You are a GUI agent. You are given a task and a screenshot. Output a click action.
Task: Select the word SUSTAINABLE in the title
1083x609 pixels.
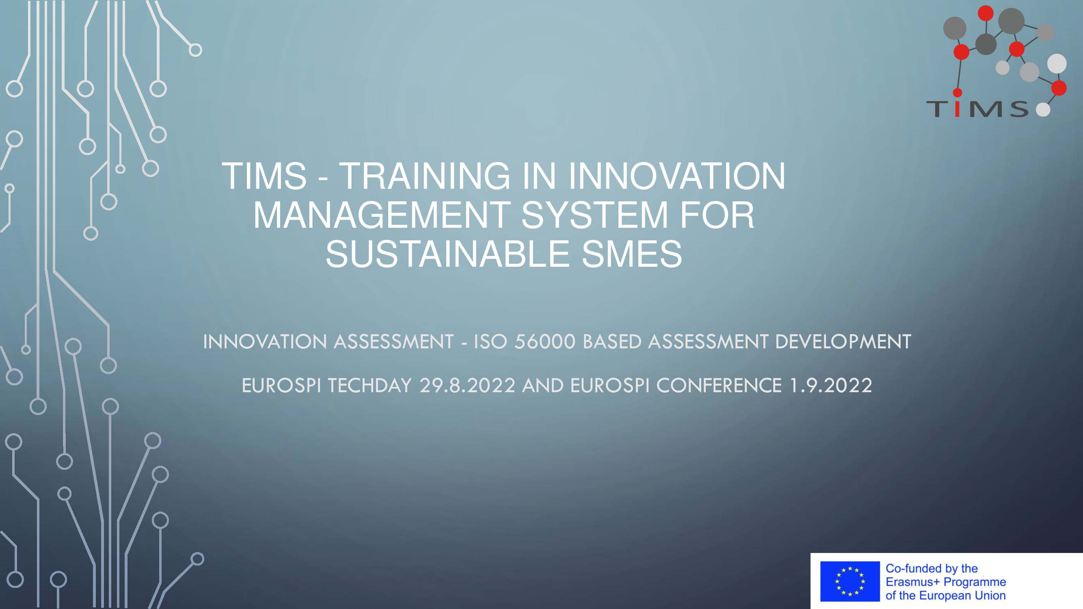447,254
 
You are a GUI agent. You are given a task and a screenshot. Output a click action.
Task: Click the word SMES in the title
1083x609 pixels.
632,254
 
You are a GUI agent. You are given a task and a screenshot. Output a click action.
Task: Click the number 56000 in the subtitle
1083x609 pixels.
545,342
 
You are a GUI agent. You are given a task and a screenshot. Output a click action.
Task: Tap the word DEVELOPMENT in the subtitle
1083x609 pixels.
843,342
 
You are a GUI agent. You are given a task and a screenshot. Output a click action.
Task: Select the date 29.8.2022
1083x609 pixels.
467,385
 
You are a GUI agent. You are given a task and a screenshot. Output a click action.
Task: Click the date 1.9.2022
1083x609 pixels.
831,385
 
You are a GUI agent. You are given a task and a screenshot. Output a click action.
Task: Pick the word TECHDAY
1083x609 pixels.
370,385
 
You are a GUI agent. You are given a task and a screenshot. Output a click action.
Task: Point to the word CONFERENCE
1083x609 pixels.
719,385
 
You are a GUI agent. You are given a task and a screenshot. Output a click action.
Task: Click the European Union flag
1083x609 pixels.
850,581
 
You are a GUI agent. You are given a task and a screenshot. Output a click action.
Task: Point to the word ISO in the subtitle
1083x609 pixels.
490,342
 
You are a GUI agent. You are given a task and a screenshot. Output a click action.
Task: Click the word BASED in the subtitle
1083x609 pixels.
612,342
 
